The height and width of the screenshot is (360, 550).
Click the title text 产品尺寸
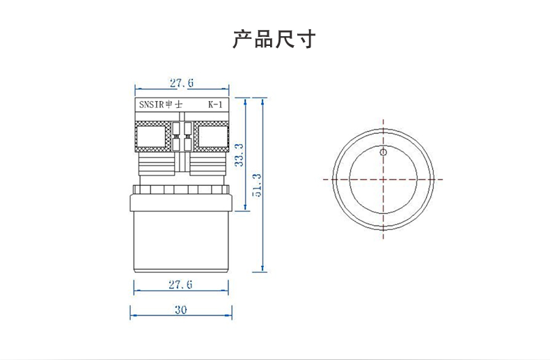[x=274, y=39]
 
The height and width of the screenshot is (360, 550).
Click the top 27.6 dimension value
[x=181, y=83]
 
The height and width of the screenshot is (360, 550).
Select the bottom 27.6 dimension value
[x=180, y=284]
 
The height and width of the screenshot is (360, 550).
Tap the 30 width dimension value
[x=181, y=311]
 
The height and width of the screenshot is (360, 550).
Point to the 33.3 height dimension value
[x=239, y=155]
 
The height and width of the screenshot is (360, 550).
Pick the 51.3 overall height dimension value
[x=257, y=186]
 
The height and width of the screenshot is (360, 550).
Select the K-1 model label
[x=215, y=105]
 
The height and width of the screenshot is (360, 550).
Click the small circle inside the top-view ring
[x=383, y=152]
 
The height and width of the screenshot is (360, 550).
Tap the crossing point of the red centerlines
[x=383, y=179]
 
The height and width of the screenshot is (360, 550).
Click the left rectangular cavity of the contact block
[x=151, y=136]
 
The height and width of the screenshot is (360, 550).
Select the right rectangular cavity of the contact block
[x=211, y=136]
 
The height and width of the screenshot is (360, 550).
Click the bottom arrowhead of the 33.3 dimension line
[x=246, y=208]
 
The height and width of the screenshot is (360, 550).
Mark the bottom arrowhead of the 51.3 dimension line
[x=262, y=270]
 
